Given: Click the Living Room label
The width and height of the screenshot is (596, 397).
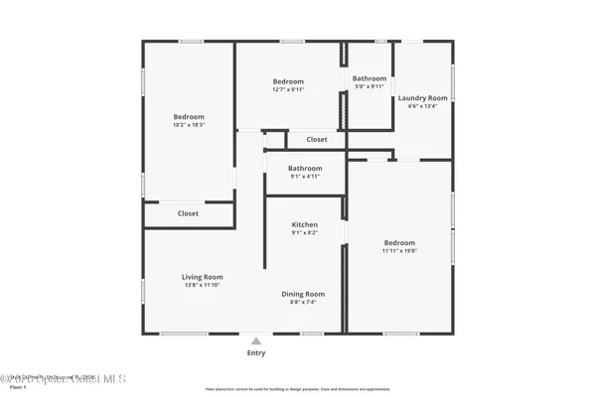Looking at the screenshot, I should pyautogui.click(x=202, y=277).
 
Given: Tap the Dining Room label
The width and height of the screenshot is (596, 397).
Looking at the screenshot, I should pyautogui.click(x=303, y=294).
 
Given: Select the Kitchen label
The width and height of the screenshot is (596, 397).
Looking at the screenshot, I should pyautogui.click(x=304, y=225).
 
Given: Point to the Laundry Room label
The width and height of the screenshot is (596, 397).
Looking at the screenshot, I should pyautogui.click(x=422, y=98).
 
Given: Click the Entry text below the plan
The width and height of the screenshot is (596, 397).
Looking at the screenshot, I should pyautogui.click(x=256, y=352).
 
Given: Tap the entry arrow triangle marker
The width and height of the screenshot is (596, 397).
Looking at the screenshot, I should pyautogui.click(x=256, y=339).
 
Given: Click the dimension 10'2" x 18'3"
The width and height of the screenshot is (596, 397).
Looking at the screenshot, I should pyautogui.click(x=188, y=125).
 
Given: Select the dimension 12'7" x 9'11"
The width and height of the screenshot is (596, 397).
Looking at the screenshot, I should pyautogui.click(x=288, y=89).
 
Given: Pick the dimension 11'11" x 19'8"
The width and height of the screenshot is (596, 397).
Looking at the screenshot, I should pyautogui.click(x=399, y=251).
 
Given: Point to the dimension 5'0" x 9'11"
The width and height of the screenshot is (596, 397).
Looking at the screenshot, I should pyautogui.click(x=369, y=86).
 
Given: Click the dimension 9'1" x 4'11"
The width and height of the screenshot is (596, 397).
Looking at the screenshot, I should pyautogui.click(x=305, y=177).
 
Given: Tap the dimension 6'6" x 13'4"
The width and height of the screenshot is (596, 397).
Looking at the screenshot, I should pyautogui.click(x=422, y=107).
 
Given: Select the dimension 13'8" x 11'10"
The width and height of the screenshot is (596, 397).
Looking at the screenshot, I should pyautogui.click(x=202, y=286).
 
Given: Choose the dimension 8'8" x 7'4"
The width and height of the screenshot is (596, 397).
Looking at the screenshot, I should pyautogui.click(x=303, y=302).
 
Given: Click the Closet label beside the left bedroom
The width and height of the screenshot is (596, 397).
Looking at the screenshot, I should pyautogui.click(x=188, y=213).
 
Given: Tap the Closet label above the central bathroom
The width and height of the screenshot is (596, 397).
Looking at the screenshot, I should pyautogui.click(x=316, y=140).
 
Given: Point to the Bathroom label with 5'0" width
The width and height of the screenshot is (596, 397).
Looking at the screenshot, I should pyautogui.click(x=369, y=78).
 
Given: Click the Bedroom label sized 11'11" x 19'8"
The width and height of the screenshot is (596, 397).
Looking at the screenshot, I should pyautogui.click(x=399, y=242).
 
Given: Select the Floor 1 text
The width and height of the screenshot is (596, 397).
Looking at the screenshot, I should pyautogui.click(x=17, y=387).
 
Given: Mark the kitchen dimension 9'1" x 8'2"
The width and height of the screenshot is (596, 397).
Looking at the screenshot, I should pyautogui.click(x=304, y=233).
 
